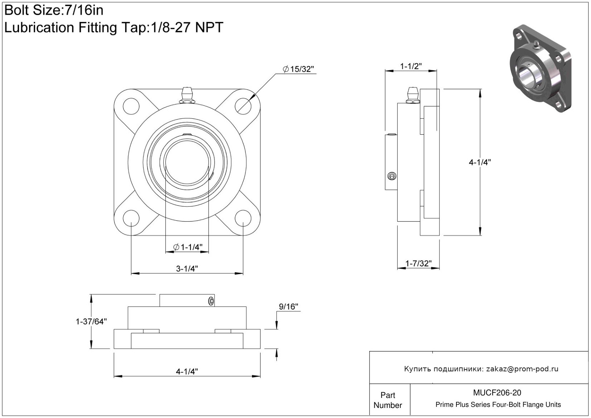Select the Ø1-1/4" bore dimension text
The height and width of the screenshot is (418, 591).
[x=188, y=247]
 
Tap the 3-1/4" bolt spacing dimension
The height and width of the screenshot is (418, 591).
[x=187, y=268]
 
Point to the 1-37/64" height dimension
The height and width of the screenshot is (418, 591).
[x=91, y=321]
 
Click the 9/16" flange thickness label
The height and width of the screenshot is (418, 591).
[x=289, y=306]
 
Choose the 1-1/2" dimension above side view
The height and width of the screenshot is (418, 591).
[x=411, y=66]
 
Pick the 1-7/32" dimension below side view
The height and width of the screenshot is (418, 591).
[x=418, y=263]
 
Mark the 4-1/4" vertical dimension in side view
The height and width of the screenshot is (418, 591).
[x=480, y=162]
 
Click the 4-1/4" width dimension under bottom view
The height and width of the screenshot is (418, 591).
[x=187, y=372]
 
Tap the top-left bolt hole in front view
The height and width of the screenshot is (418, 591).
[x=131, y=106]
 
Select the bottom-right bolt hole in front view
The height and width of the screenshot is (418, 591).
[x=243, y=219]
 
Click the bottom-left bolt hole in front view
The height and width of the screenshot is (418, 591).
[x=131, y=219]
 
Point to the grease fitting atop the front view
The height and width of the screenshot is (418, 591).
[x=187, y=95]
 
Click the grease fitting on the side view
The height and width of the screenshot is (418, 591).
[x=412, y=95]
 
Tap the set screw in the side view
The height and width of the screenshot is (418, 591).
[x=392, y=176]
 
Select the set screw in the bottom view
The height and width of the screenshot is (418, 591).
[x=211, y=301]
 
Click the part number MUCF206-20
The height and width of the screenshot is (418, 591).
[x=497, y=393]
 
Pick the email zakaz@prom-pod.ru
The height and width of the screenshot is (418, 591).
[x=522, y=369]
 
